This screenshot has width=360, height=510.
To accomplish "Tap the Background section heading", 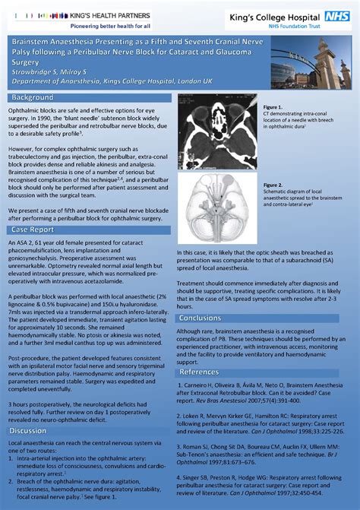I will [x=33, y=98].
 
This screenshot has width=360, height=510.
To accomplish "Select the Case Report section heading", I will [x=33, y=229].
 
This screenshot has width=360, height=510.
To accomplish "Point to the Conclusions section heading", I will [x=201, y=318].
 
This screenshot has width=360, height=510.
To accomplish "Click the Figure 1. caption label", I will [x=273, y=106].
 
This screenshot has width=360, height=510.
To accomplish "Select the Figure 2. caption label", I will [x=273, y=184].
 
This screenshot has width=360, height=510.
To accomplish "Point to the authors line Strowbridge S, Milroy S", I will [x=47, y=71].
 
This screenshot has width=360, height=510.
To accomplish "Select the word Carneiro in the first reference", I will [x=198, y=385].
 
